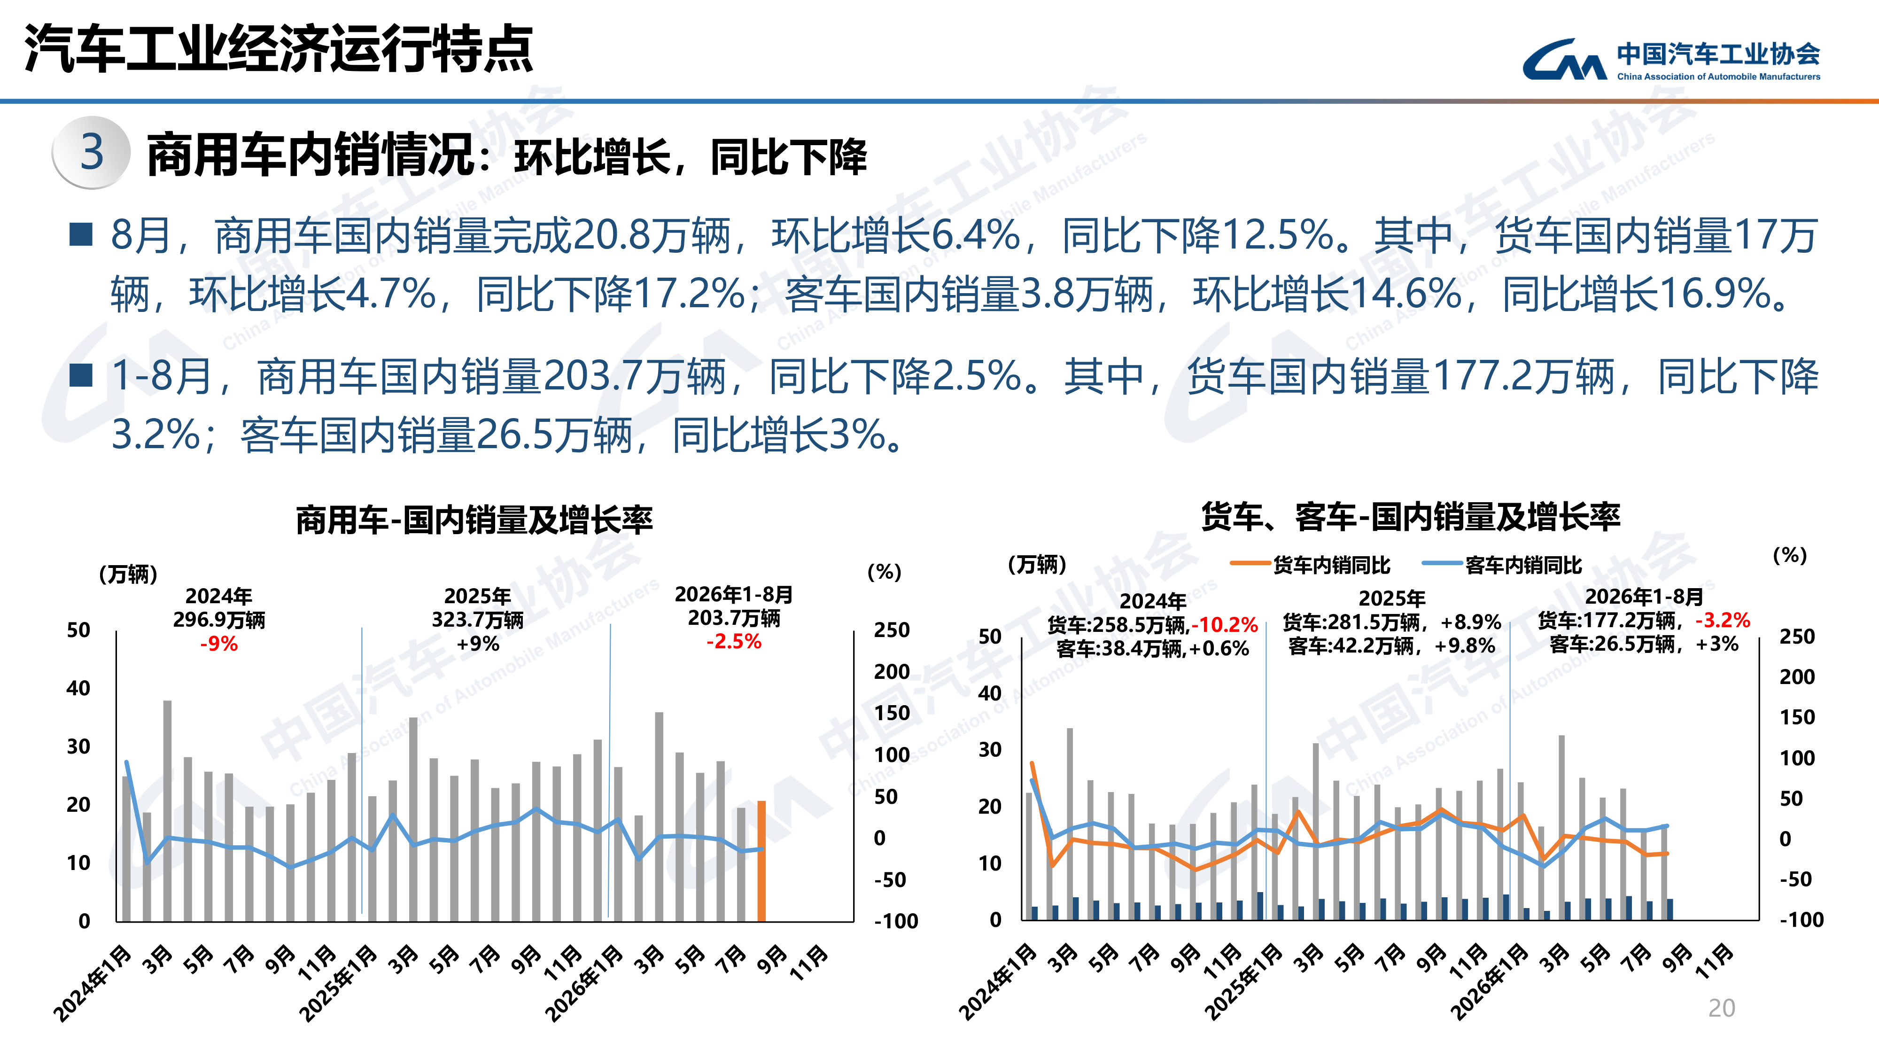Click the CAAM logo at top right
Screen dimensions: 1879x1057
point(1670,59)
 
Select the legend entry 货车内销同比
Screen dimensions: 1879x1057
point(1311,565)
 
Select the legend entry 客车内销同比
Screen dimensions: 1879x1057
point(1503,565)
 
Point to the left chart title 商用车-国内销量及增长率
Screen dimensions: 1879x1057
point(474,520)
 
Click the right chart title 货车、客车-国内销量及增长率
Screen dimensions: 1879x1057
point(1411,516)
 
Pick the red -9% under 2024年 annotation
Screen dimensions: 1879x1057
point(219,644)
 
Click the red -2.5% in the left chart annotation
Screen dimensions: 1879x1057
point(734,641)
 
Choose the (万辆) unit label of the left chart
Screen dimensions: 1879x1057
point(128,574)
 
